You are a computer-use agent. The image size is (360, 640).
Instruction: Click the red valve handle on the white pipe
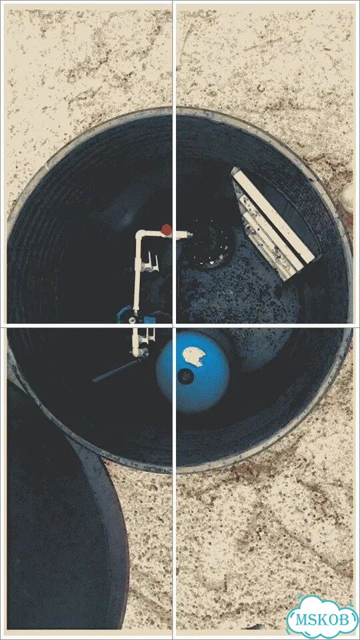[166, 229]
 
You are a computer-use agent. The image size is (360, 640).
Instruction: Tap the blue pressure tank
[193, 372]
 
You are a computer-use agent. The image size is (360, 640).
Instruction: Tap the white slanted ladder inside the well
[273, 223]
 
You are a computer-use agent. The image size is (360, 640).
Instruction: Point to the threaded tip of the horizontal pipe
[188, 235]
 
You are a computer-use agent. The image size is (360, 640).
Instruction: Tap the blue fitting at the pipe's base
[124, 314]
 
